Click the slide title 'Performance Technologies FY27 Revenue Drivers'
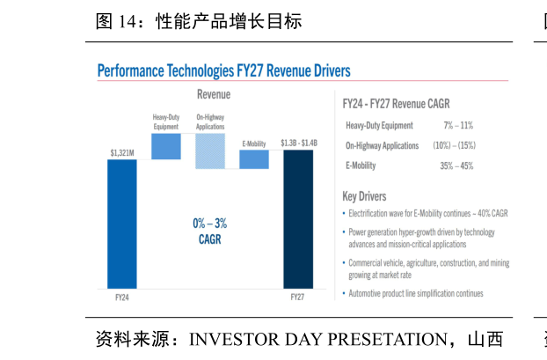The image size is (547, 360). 223,70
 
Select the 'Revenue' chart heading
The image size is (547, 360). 214,94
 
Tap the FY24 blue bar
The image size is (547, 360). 122,224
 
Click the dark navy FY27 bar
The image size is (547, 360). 297,219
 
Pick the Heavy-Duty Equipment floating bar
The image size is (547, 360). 166,146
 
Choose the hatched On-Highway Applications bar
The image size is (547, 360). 210,151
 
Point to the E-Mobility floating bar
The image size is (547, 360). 254,159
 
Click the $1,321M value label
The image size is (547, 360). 122,153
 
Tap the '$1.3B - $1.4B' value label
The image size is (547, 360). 297,143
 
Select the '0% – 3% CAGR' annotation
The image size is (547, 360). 210,231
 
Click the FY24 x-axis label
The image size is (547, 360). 122,298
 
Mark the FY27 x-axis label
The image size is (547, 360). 297,298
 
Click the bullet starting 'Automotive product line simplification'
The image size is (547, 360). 415,293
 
